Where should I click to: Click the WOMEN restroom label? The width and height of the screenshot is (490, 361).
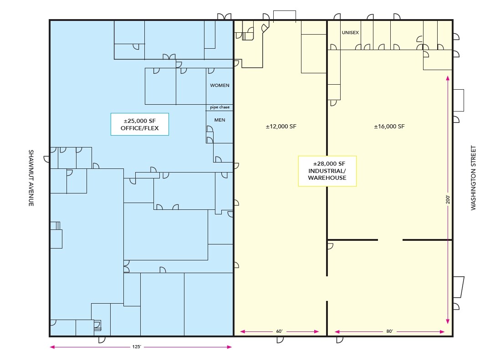(x=219, y=85)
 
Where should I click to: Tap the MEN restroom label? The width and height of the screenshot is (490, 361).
(x=219, y=120)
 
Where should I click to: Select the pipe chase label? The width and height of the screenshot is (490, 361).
(x=219, y=107)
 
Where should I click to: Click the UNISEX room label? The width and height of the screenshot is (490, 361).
(x=350, y=32)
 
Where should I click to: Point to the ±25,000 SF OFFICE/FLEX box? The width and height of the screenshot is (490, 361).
(x=140, y=124)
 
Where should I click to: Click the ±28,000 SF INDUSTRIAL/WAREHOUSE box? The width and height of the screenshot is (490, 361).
(x=327, y=171)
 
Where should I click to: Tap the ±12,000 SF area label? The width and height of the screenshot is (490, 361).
(x=281, y=127)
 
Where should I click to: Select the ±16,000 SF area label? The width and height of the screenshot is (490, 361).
(x=389, y=127)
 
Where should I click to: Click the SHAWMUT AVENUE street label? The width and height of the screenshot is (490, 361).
(x=31, y=178)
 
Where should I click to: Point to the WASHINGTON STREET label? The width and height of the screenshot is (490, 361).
(x=473, y=178)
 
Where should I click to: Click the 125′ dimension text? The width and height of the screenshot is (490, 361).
(x=137, y=346)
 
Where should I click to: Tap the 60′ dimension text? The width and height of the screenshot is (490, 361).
(x=279, y=331)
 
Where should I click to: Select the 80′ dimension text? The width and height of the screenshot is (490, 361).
(x=389, y=331)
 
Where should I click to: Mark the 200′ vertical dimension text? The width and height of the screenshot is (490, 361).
(x=448, y=199)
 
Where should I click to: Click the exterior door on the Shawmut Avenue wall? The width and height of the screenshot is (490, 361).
(x=47, y=159)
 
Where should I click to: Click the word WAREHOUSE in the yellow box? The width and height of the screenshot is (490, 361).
(x=327, y=178)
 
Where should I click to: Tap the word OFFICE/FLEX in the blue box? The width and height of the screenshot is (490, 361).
(x=140, y=128)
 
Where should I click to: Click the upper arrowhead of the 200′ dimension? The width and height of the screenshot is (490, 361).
(x=448, y=78)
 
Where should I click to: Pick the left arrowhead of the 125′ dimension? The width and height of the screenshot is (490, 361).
(x=52, y=347)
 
